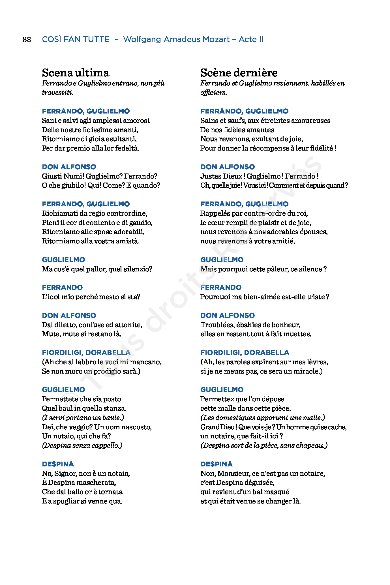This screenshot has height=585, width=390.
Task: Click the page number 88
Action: [x=27, y=40]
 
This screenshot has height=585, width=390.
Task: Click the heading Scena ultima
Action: [x=75, y=73]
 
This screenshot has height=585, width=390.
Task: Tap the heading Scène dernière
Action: [x=239, y=73]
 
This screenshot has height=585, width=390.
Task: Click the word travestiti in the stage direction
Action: [x=57, y=93]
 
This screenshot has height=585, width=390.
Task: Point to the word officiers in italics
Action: [x=213, y=93]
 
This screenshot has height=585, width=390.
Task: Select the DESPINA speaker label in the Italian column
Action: [x=58, y=464]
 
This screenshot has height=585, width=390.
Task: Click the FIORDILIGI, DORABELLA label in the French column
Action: [x=245, y=353]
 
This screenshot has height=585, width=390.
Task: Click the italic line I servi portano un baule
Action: [x=83, y=418]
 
